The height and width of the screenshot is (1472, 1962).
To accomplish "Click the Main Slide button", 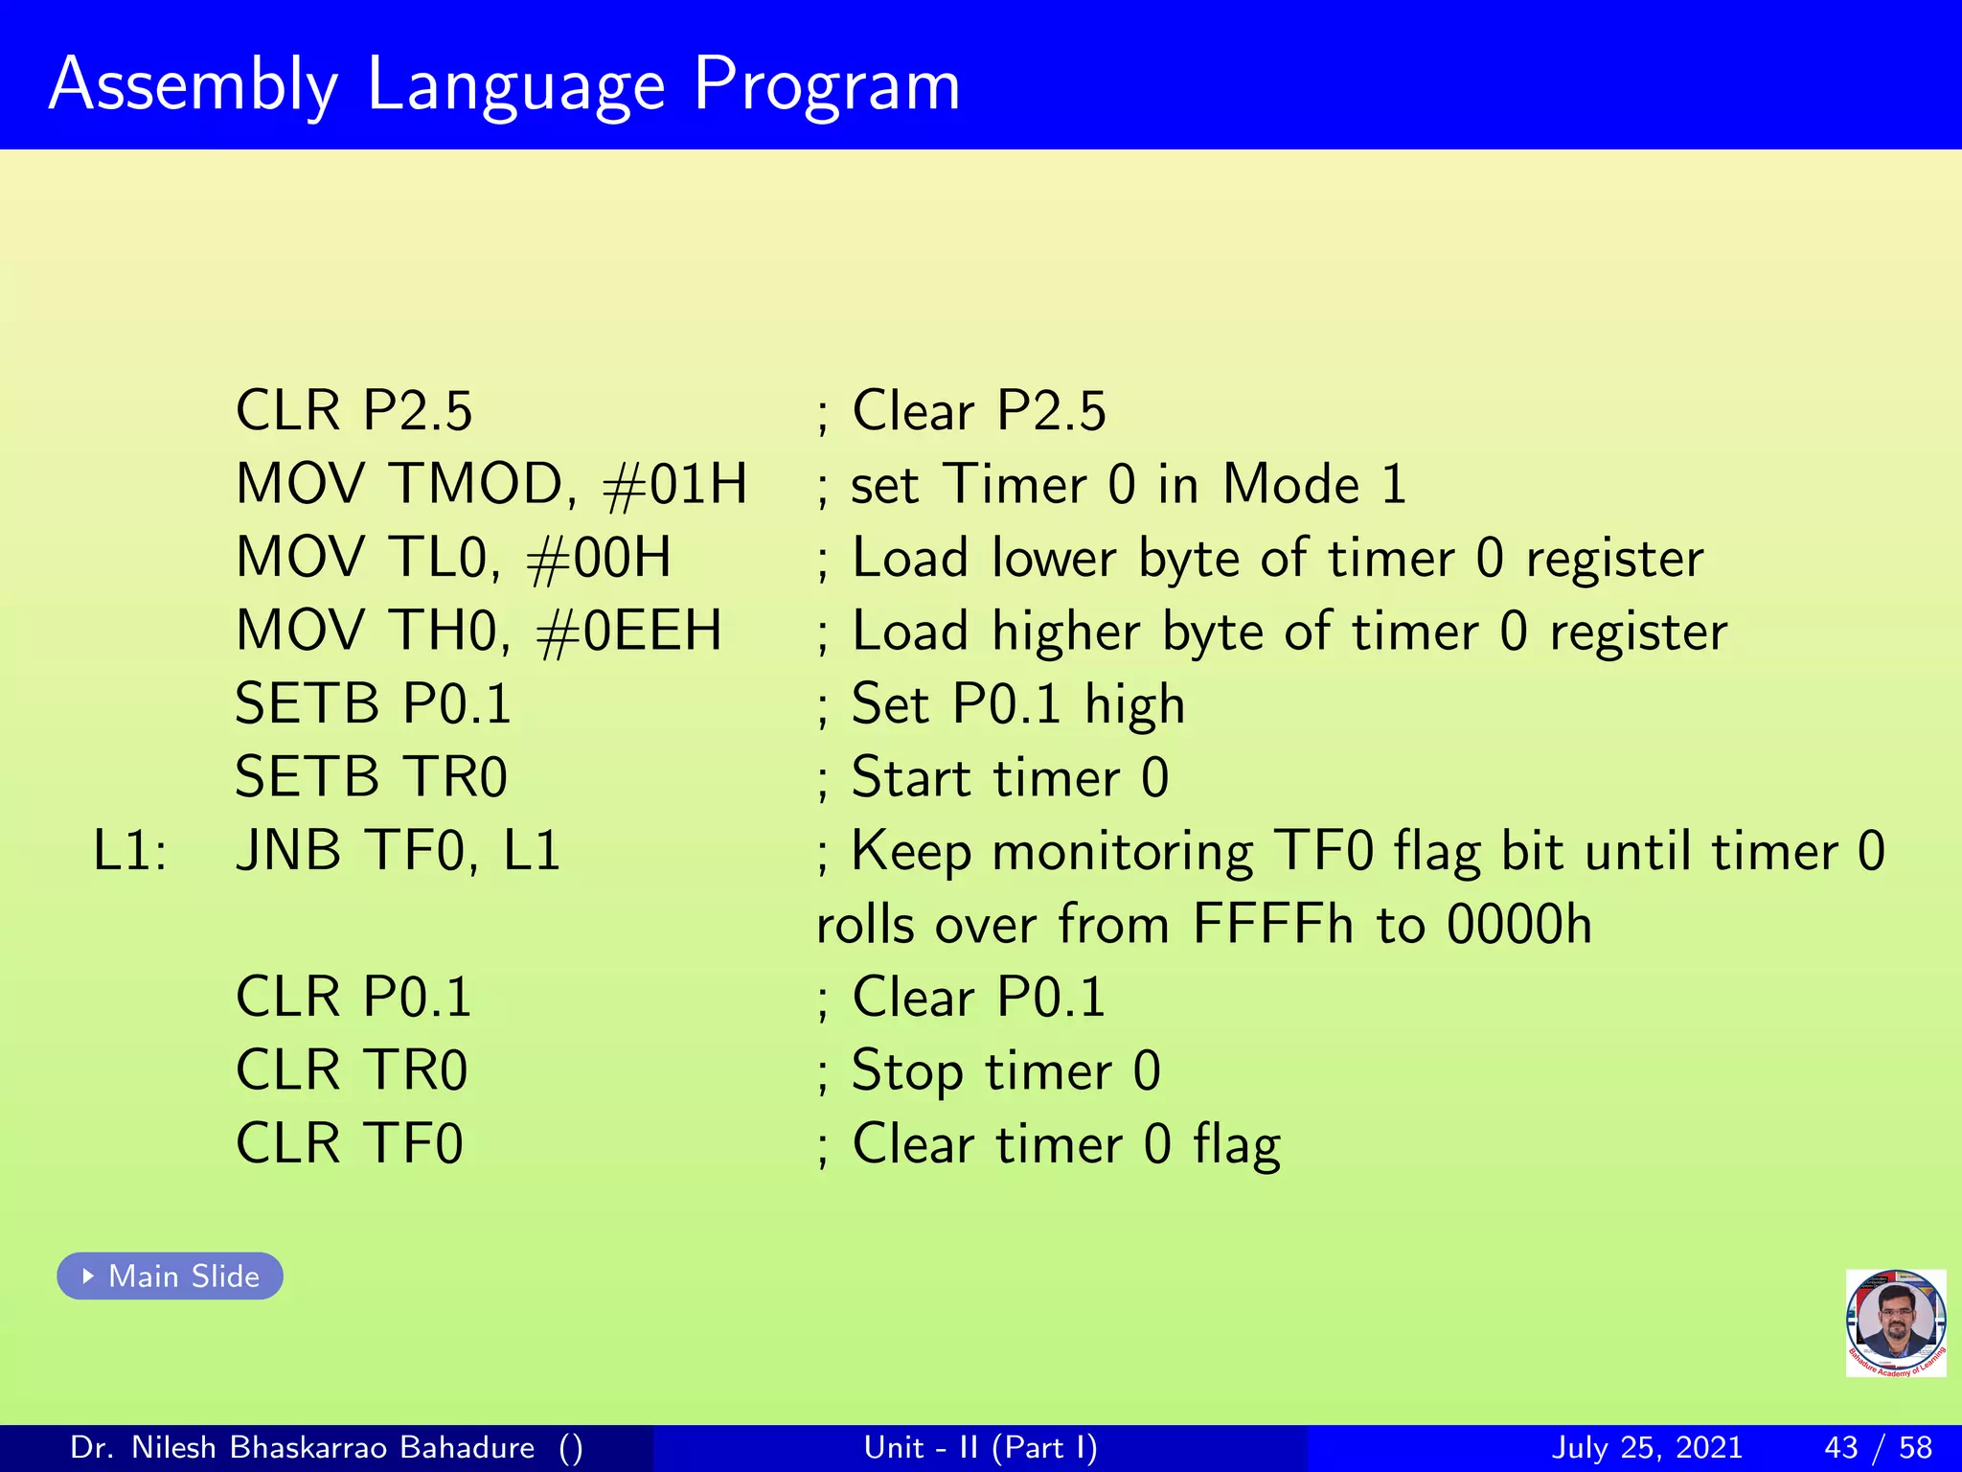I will click(x=170, y=1276).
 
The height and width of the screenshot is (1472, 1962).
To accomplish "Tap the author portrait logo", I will click(x=1895, y=1322).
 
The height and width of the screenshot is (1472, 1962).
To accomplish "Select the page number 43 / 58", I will click(x=1878, y=1447).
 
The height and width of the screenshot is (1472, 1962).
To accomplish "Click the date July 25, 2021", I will click(x=1646, y=1447).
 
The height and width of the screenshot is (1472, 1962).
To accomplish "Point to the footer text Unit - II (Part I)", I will click(x=980, y=1447).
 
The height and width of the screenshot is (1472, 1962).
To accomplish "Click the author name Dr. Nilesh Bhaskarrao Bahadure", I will click(x=302, y=1447).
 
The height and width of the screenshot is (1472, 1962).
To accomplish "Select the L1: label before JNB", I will click(x=129, y=851).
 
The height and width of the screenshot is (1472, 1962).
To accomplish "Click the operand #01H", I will click(x=674, y=484).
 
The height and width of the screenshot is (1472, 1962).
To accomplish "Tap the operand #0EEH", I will click(x=628, y=631).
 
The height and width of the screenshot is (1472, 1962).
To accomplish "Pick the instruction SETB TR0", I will click(x=371, y=777).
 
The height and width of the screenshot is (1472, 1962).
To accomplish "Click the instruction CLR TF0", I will click(x=350, y=1143).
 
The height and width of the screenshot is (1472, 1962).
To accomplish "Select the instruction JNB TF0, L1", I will click(x=398, y=851).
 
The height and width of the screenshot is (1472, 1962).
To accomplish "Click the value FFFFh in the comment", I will click(x=1273, y=925).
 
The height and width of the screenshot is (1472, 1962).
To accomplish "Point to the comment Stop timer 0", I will click(x=1005, y=1070).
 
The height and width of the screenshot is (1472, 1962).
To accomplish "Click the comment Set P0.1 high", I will click(x=1017, y=704).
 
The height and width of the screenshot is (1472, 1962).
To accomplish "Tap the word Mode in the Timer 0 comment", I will click(x=1290, y=484).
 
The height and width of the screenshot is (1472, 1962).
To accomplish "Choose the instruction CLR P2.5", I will click(x=354, y=411).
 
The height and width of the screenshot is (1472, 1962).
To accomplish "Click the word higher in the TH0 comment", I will click(x=1065, y=632).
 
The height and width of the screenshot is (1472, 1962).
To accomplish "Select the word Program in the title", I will click(x=826, y=86).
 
